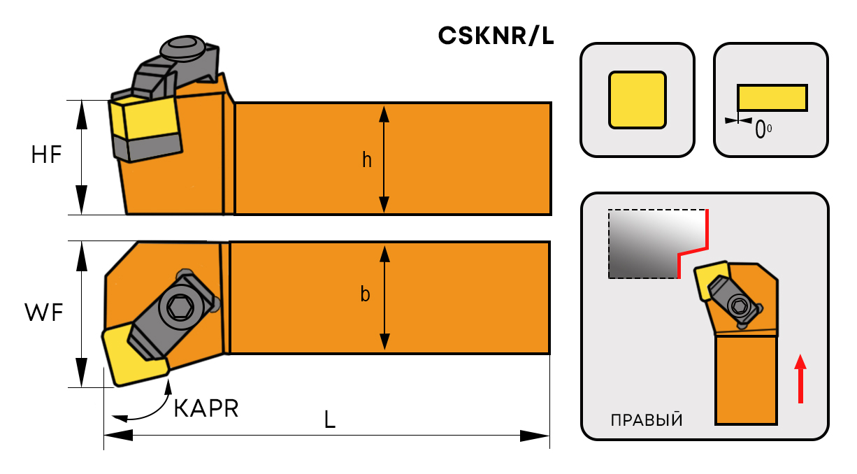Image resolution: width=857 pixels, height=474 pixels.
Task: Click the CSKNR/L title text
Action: coord(496,36)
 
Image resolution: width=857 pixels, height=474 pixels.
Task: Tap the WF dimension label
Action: coord(44,313)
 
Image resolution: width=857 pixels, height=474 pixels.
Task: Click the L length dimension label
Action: coord(329,419)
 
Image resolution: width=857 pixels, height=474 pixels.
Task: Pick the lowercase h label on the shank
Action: coord(366,160)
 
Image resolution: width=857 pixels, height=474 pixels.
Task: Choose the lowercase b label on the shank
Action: coord(365,295)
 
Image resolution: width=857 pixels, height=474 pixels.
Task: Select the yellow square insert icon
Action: coord(637,99)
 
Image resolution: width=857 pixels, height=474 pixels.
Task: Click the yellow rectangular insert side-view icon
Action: coord(772,97)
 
